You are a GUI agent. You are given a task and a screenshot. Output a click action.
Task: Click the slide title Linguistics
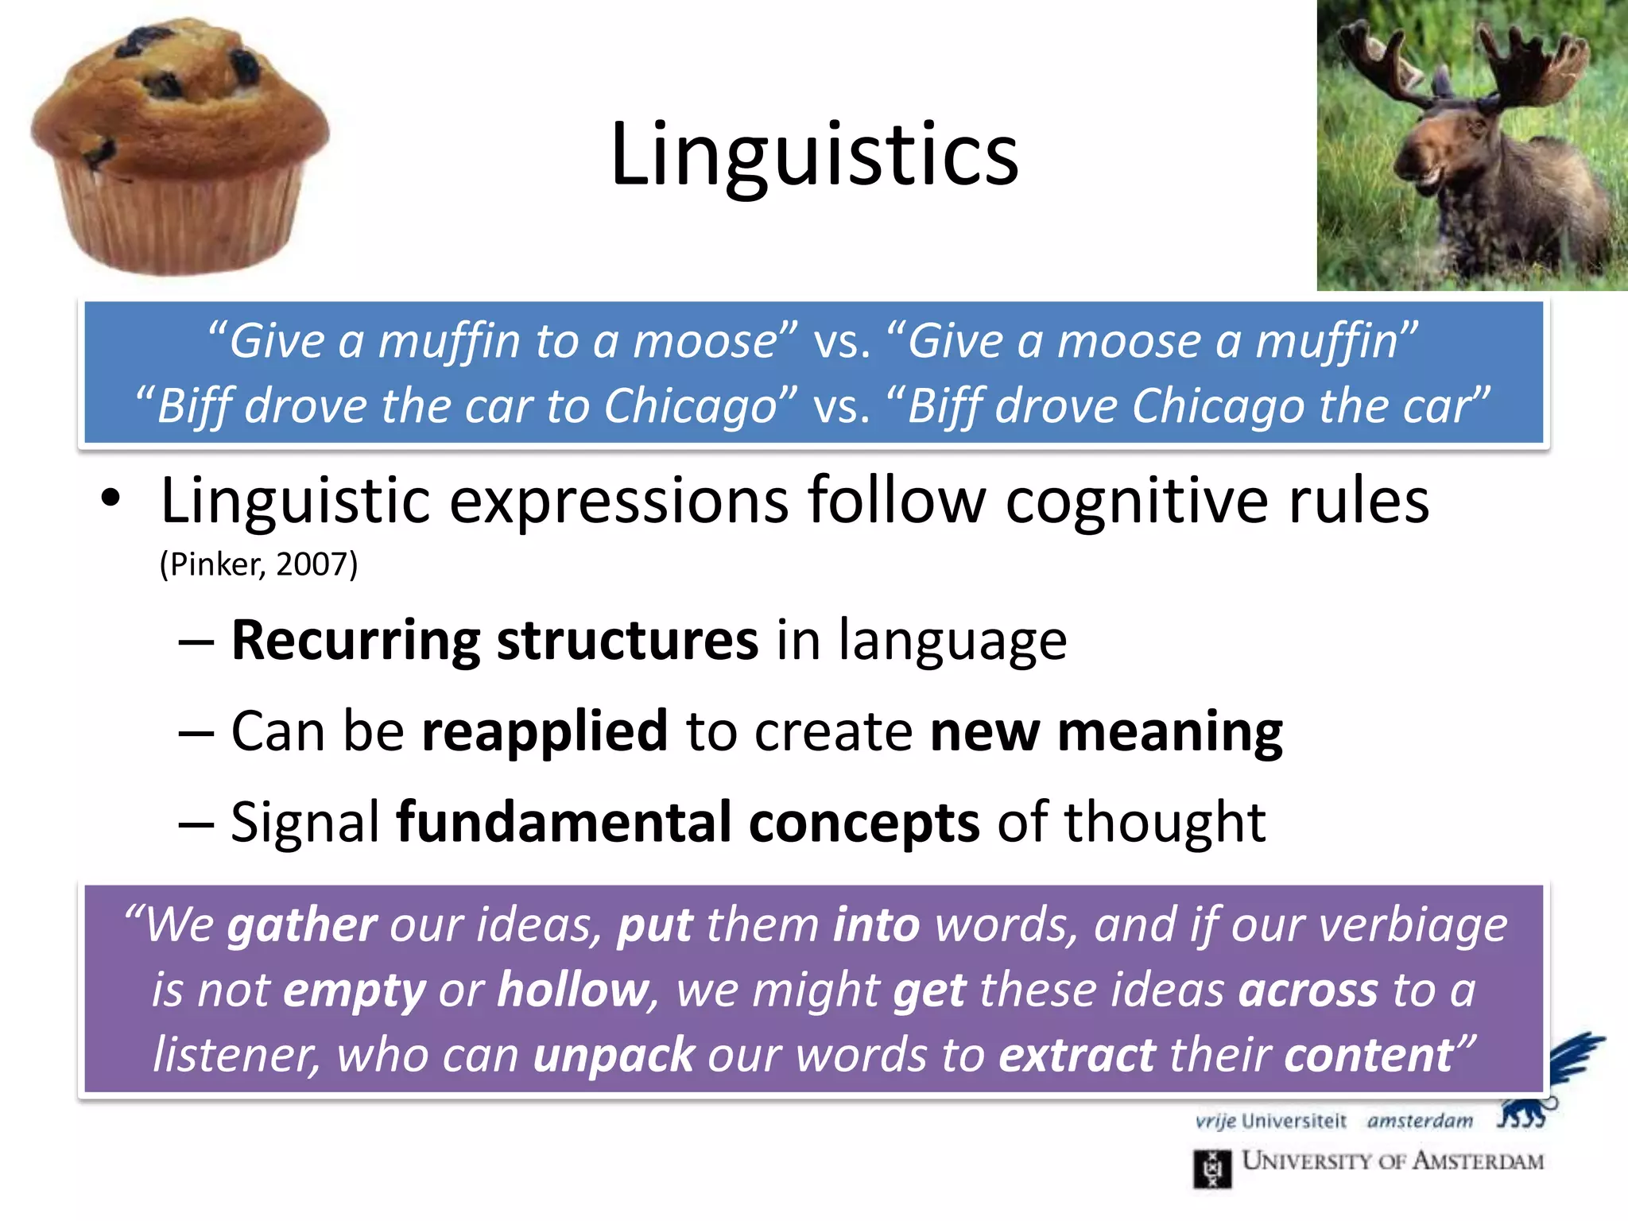[814, 155]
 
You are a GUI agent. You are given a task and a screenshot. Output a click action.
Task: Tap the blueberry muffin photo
[179, 147]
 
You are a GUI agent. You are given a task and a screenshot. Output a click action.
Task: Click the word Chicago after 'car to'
[689, 406]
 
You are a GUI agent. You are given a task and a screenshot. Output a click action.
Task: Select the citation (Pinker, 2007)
[258, 564]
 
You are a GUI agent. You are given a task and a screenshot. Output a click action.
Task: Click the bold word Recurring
[355, 641]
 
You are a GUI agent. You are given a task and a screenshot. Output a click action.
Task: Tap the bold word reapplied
[545, 731]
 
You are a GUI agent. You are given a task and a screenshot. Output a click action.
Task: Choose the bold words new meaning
[1106, 731]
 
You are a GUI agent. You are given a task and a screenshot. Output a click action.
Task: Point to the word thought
[1165, 823]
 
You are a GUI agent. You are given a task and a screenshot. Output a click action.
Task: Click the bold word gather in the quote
[302, 925]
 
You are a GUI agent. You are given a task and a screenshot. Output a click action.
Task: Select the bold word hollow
[573, 990]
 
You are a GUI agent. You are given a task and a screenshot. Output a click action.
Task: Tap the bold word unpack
[614, 1056]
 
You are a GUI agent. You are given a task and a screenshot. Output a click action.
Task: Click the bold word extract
[1077, 1056]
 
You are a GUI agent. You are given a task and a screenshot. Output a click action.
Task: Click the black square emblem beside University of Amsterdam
[1212, 1169]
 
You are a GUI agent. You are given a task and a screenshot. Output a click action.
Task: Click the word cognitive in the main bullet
[1138, 501]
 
